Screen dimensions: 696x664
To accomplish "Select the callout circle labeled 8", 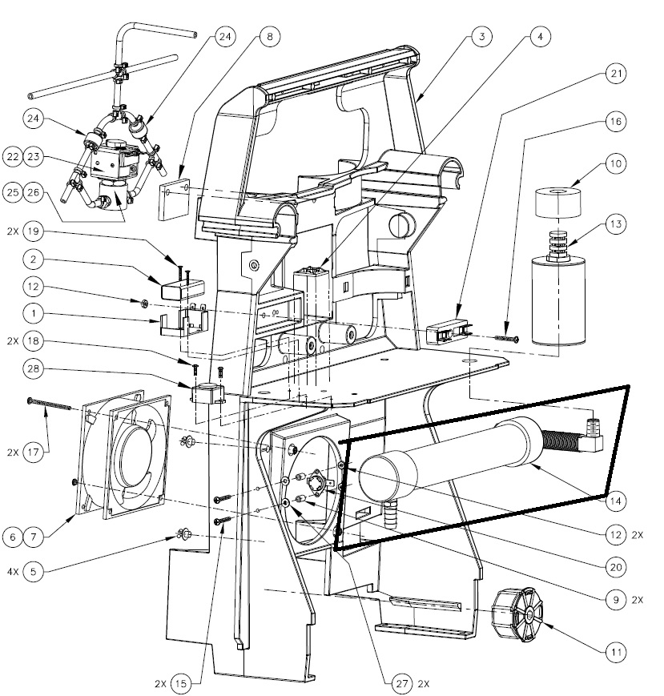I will pyautogui.click(x=269, y=37).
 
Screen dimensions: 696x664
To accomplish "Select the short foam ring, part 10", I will pyautogui.click(x=558, y=200).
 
